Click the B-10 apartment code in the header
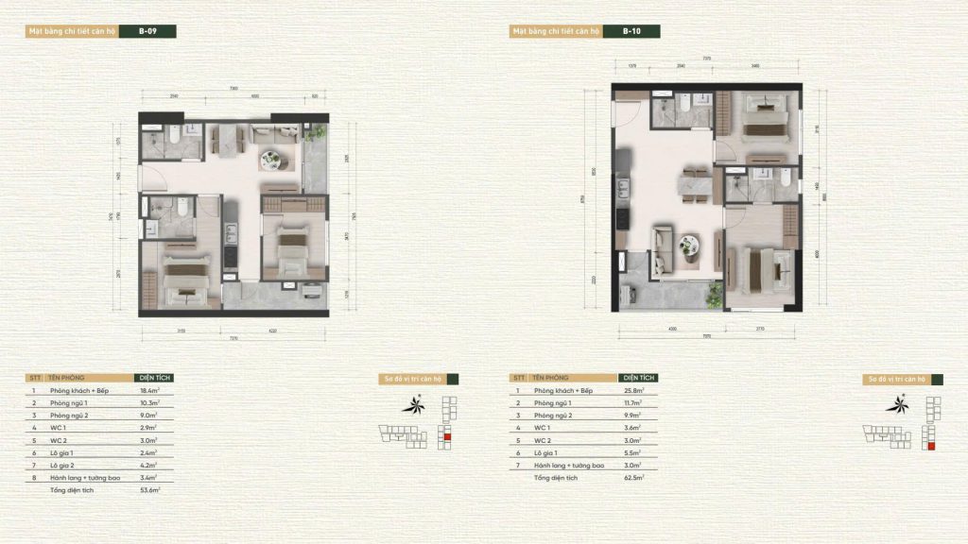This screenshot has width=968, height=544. point(631,31)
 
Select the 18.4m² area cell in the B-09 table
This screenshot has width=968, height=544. point(149,390)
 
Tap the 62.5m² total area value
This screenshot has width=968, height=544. point(634,479)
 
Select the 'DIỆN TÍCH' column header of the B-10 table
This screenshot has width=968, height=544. point(640,378)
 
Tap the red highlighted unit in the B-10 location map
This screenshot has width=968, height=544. point(932,447)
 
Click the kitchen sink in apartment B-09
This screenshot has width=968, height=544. point(230,229)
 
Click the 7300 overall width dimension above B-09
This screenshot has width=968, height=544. point(232,89)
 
